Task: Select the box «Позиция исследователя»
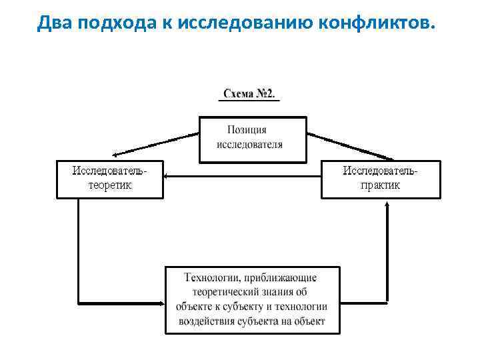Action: pos(253,139)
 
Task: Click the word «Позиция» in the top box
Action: pos(247,130)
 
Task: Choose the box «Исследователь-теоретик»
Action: pos(109,179)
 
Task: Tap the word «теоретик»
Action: pos(110,185)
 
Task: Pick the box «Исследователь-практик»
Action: pos(381,179)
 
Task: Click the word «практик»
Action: pos(381,185)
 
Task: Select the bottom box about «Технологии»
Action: pos(252,300)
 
